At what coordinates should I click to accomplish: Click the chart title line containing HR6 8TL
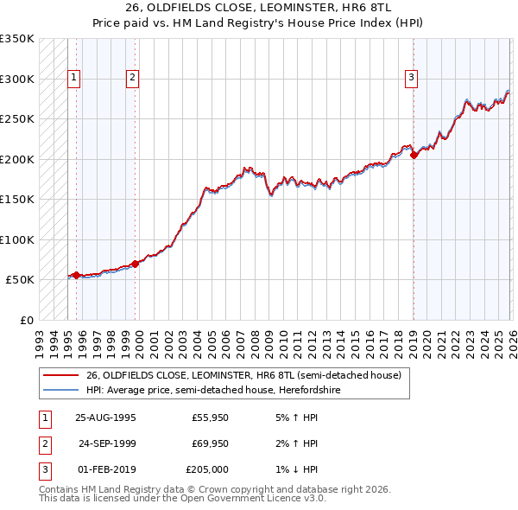pyautogui.click(x=258, y=8)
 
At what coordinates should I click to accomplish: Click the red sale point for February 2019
pyautogui.click(x=414, y=156)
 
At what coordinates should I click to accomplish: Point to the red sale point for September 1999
pyautogui.click(x=136, y=264)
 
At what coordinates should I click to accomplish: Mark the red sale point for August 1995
pyautogui.click(x=76, y=275)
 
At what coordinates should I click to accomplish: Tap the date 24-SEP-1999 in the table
pyautogui.click(x=107, y=443)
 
